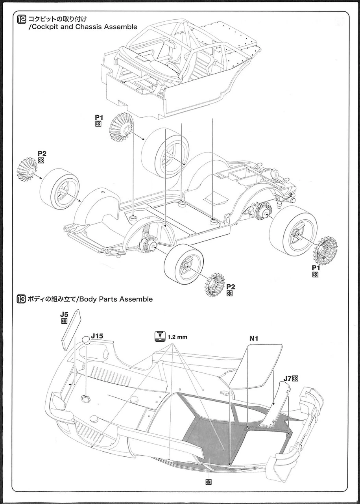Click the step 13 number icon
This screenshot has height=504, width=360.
pyautogui.click(x=21, y=299)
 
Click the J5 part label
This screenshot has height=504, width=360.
pyautogui.click(x=65, y=315)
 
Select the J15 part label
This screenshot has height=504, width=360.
pyautogui.click(x=97, y=336)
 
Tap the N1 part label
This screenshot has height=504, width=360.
pyautogui.click(x=254, y=338)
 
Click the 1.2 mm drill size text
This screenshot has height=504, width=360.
pyautogui.click(x=177, y=337)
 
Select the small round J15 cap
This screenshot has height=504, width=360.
pyautogui.click(x=87, y=341)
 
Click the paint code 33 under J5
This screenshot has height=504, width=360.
pyautogui.click(x=65, y=321)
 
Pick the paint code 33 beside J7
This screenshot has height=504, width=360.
pyautogui.click(x=295, y=378)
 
